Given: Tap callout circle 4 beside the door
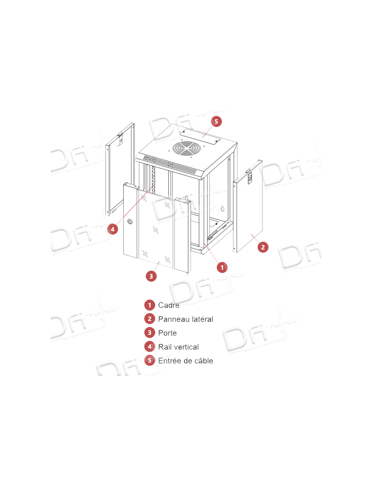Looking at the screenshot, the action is [x=113, y=229].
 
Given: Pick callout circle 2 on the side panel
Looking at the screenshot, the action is [x=263, y=247].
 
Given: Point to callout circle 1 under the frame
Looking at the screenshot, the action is [x=222, y=268].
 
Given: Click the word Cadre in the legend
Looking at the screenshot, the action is [x=169, y=305].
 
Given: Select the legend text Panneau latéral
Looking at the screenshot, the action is [x=185, y=319].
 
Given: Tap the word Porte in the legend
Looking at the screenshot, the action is [x=167, y=333].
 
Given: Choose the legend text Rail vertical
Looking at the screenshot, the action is [x=178, y=347].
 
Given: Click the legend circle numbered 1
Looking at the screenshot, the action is [x=149, y=305].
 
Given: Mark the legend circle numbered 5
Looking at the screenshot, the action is [x=149, y=361].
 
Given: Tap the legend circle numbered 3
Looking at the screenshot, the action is [x=149, y=333].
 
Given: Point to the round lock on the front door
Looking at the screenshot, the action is [x=130, y=221].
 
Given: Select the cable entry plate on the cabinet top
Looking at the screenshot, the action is [x=200, y=137].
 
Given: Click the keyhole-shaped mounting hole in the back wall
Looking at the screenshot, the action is [x=223, y=209].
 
